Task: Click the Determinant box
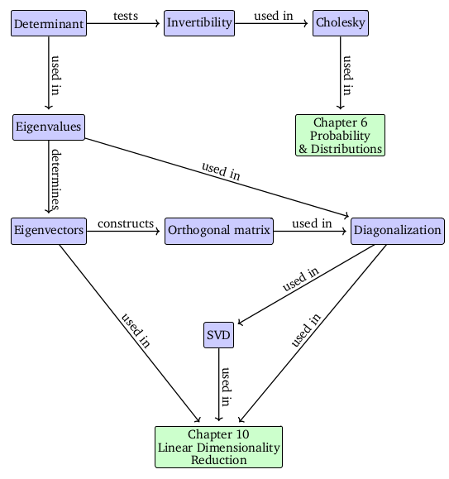[x=49, y=23]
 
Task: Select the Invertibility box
[x=199, y=23]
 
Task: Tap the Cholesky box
[x=341, y=23]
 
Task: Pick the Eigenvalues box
[x=49, y=127]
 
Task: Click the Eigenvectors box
[x=49, y=231]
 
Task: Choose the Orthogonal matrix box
[x=219, y=231]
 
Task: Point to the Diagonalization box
[x=398, y=231]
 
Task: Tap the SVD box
[x=218, y=335]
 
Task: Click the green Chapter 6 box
[x=340, y=136]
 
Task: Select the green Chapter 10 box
[x=218, y=447]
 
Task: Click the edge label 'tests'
[x=126, y=16]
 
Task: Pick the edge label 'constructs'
[x=126, y=223]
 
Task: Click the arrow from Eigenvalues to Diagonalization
[x=217, y=178]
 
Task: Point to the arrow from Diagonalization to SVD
[x=306, y=285]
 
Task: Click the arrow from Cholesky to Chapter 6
[x=341, y=73]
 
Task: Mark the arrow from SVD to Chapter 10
[x=218, y=385]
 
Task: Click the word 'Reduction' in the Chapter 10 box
[x=218, y=460]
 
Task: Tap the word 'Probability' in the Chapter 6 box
[x=340, y=136]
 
